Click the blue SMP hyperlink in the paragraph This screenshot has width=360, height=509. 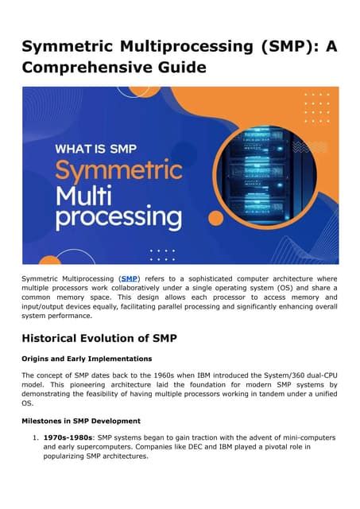[x=130, y=278]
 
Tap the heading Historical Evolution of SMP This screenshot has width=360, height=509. [x=99, y=338]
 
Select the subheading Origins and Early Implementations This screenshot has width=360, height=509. [x=87, y=359]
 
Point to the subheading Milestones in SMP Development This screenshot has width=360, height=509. [x=81, y=421]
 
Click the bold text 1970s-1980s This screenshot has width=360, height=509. [x=68, y=437]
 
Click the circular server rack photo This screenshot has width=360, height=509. [x=266, y=176]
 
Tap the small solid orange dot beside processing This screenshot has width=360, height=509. [x=215, y=218]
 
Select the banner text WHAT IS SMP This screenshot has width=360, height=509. [x=96, y=149]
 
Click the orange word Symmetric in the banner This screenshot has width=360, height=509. [x=118, y=170]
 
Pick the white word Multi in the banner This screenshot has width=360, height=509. [x=83, y=196]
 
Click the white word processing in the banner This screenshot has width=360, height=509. [x=118, y=218]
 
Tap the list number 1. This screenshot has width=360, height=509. [x=35, y=437]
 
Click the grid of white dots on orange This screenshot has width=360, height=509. [x=317, y=108]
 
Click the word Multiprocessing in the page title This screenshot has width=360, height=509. [x=187, y=46]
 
